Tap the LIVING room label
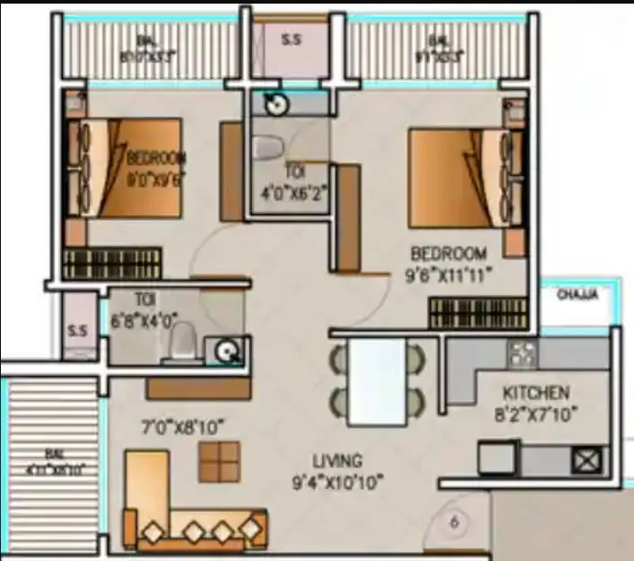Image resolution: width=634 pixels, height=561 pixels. [338, 461]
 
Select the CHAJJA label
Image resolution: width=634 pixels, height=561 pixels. [577, 294]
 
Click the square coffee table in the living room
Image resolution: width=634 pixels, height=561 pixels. [219, 463]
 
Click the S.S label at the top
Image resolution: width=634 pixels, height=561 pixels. [290, 40]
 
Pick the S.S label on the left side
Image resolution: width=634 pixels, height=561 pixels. [76, 330]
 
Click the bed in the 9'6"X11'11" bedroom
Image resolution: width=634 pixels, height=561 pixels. [459, 177]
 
